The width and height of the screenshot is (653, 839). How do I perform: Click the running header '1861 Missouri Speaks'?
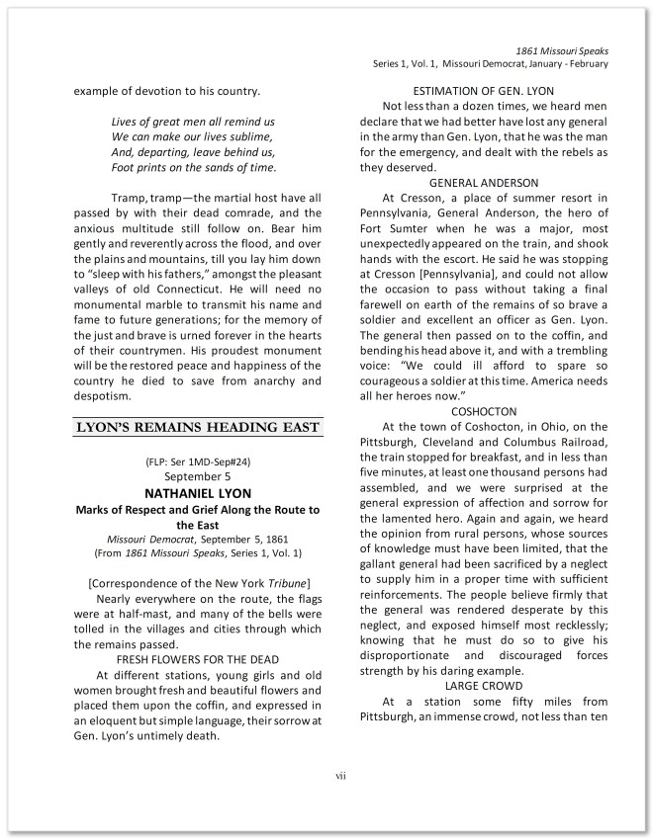561,49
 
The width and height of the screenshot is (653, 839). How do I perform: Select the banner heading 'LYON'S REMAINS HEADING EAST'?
198,427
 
